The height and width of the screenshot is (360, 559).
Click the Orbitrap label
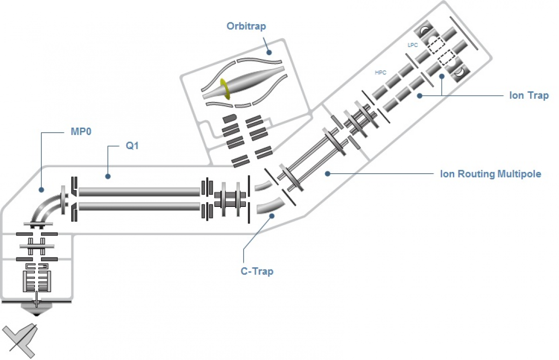point(246,26)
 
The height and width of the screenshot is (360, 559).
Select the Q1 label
point(132,146)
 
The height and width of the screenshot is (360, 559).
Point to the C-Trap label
point(257,271)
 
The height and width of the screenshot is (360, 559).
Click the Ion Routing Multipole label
point(490,174)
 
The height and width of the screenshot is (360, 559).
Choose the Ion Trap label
point(529,95)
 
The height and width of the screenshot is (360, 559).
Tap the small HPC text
point(381,73)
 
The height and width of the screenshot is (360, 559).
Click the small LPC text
point(412,46)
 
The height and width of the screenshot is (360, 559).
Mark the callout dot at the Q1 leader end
point(108,177)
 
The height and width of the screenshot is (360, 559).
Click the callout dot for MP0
point(41,190)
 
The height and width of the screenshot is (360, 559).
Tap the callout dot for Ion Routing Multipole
point(327,173)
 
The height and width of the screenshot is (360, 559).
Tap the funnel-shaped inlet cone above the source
point(36,309)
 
